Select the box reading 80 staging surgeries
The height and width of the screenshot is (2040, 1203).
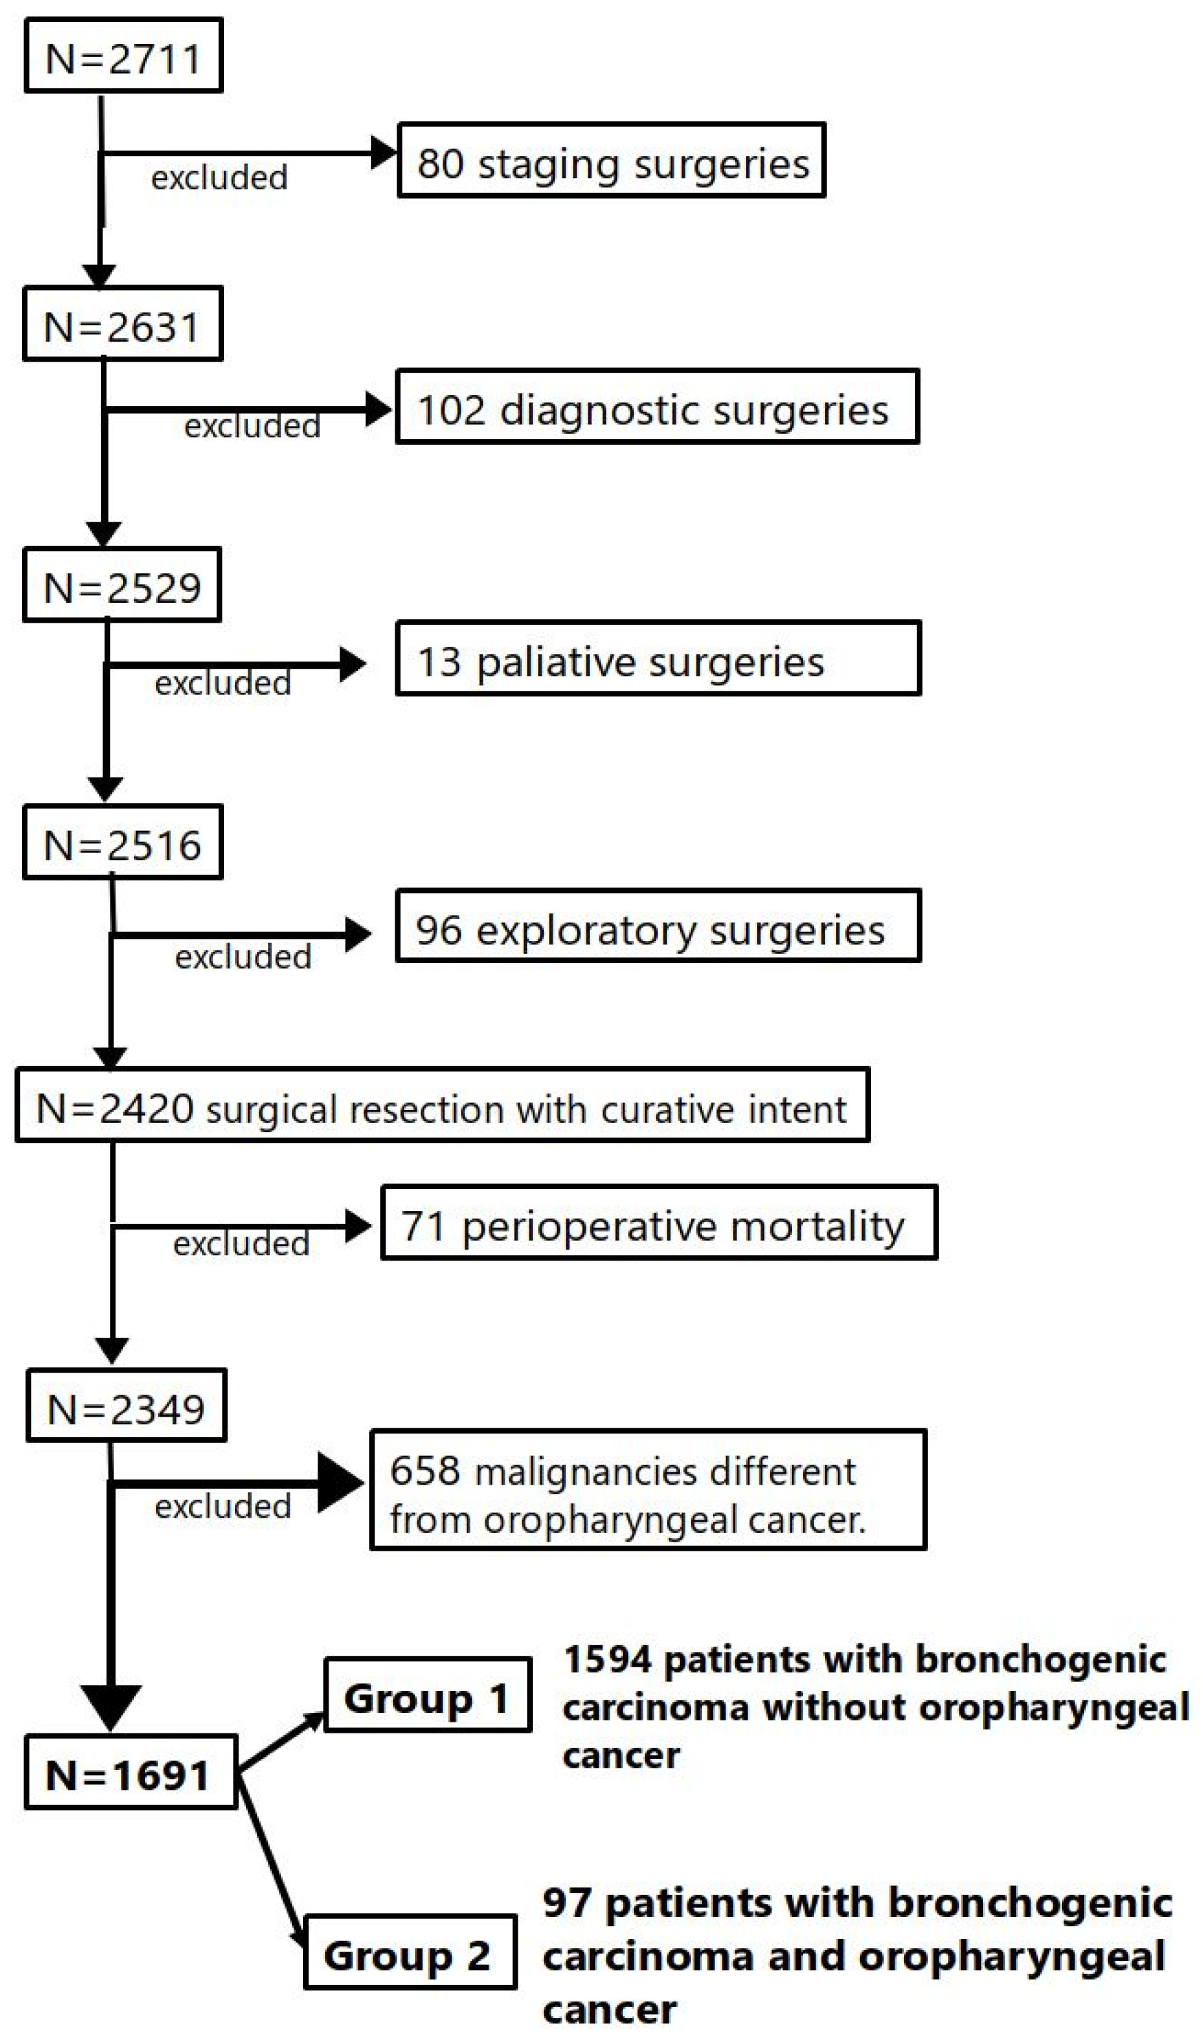click(611, 160)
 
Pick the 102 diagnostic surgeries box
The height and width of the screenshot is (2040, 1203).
click(656, 407)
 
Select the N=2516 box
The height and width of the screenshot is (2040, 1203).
click(122, 842)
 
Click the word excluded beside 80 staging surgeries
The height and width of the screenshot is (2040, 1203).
click(219, 177)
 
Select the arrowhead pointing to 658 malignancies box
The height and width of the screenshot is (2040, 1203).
click(340, 1483)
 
